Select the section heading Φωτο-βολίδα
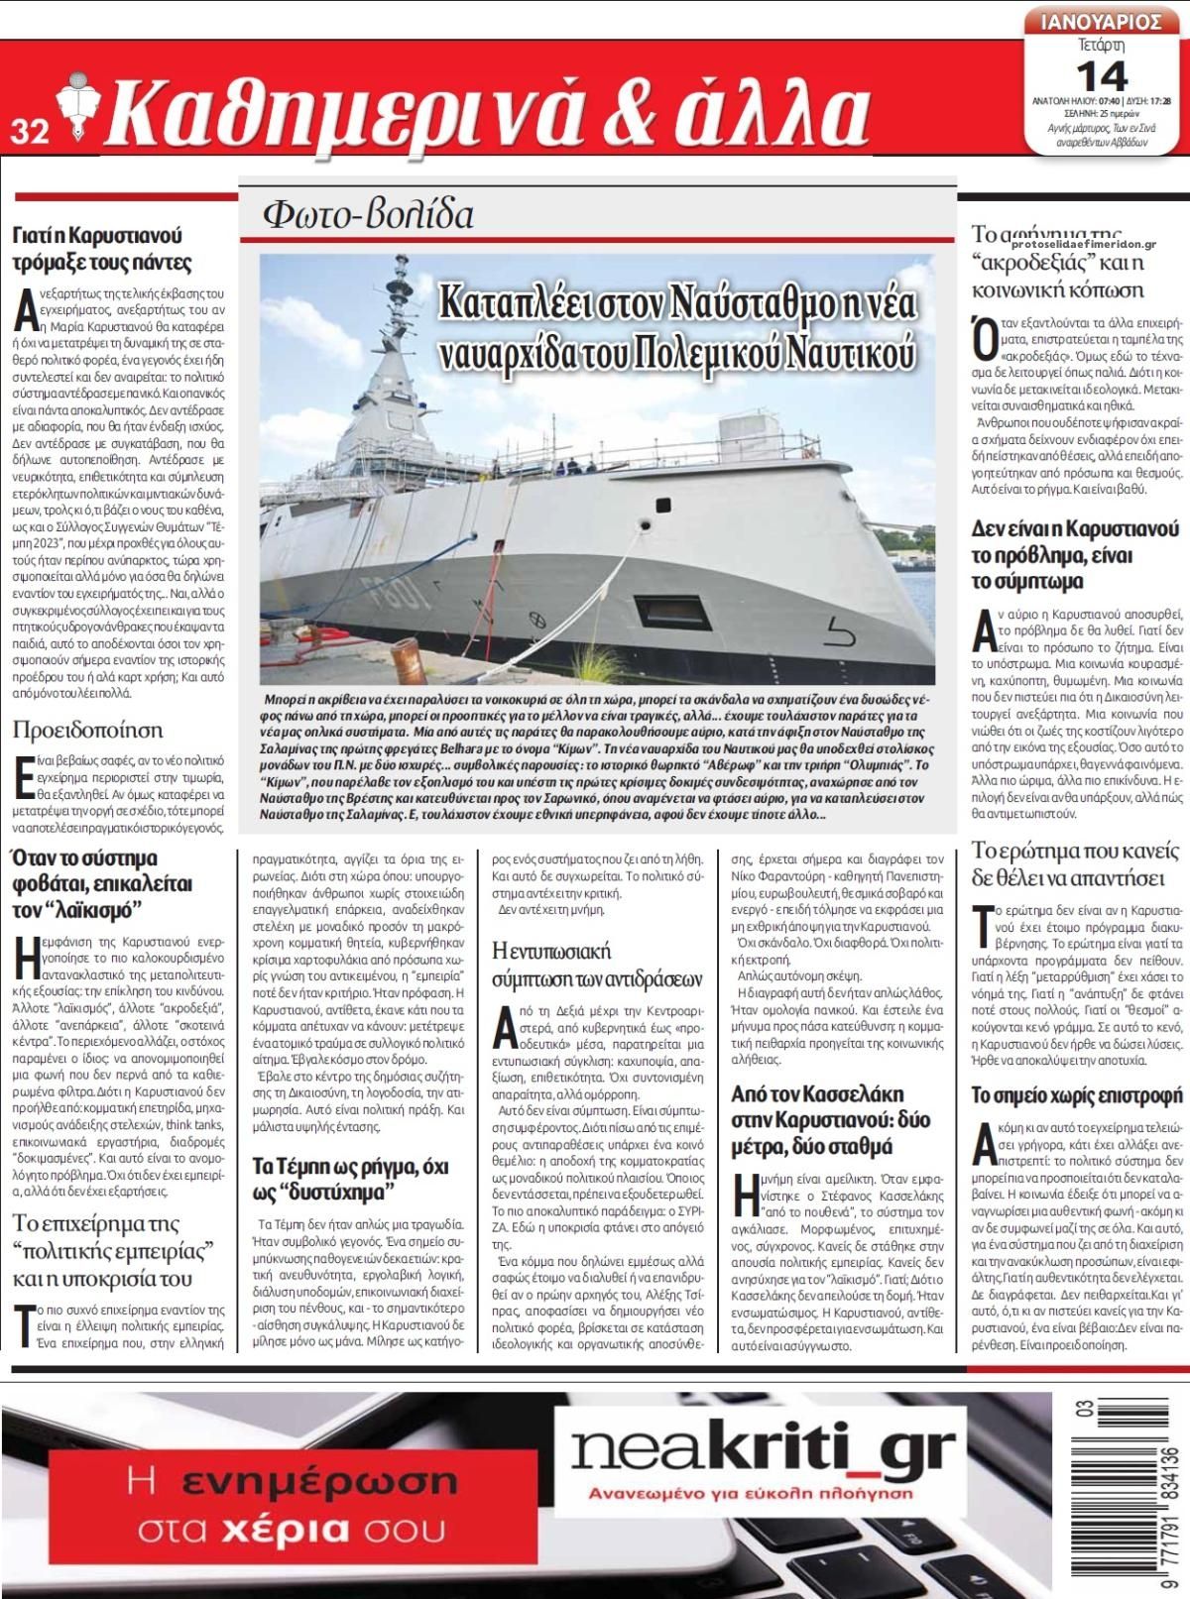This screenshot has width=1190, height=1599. pos(368,213)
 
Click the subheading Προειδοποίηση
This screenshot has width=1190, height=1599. pos(87,730)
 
